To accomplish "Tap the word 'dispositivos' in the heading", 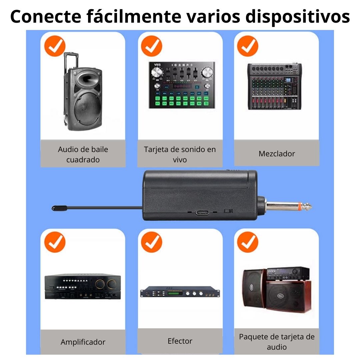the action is tap(298, 17).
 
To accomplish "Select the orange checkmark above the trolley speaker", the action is tap(55, 46).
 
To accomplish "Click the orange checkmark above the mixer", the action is tap(247, 46).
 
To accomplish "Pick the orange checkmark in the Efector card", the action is tap(152, 242).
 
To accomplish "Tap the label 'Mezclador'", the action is tap(277, 154).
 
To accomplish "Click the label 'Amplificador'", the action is tap(83, 342).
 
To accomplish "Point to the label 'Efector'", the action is tap(180, 341).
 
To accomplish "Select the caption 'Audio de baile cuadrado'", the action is tap(83, 154).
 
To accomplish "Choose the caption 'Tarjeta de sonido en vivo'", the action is tap(180, 154).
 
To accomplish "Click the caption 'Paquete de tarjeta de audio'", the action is tap(277, 342).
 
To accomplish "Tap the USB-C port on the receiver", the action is tap(203, 212).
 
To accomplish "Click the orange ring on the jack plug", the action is tap(300, 207).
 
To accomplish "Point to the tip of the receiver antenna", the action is tap(52, 208).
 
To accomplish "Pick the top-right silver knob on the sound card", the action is tap(207, 72).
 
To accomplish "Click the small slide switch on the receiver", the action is tap(228, 211).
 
